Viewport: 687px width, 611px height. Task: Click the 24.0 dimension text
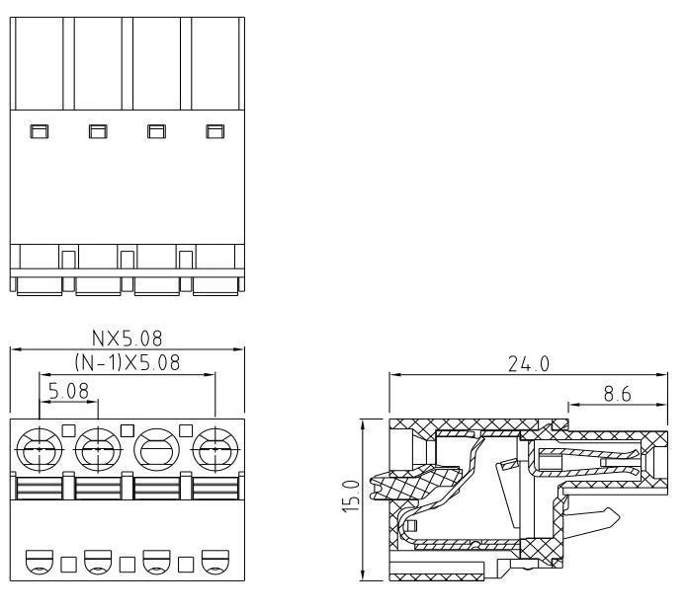point(529,364)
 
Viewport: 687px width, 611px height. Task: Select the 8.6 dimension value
point(618,394)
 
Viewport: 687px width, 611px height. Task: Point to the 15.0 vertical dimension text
point(351,496)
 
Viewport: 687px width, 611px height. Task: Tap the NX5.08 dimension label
point(127,339)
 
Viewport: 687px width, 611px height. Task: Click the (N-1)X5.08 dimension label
point(128,362)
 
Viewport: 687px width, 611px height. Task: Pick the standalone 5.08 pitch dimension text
point(68,391)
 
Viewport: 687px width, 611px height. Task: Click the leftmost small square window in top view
point(39,131)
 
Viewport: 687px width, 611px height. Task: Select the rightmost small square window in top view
point(215,131)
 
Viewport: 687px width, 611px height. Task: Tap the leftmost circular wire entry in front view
point(40,449)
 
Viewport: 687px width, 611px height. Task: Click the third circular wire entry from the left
point(156,449)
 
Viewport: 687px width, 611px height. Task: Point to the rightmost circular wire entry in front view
point(215,449)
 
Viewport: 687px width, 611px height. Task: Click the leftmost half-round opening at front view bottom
point(40,562)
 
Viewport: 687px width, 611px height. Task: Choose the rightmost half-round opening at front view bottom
point(215,562)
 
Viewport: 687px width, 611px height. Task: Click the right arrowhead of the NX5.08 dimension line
point(239,349)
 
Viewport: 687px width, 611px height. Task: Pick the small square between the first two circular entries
point(69,430)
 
